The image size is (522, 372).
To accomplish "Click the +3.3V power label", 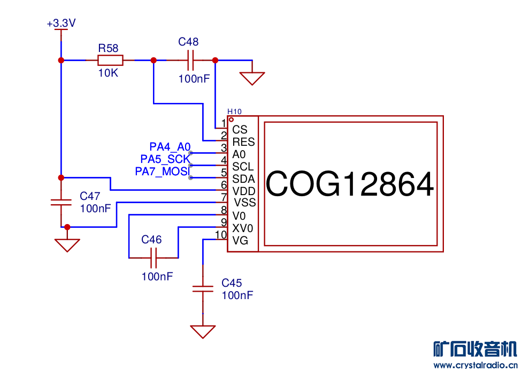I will point(62,24).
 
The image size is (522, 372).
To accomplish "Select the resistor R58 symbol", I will point(110,60).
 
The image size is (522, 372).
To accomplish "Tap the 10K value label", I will point(108,73).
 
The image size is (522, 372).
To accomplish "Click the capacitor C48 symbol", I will point(191,60).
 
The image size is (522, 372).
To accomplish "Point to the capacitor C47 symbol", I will point(61,202).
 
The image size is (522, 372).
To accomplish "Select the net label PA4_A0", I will point(170,146).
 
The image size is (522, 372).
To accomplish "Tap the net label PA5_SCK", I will point(165,159).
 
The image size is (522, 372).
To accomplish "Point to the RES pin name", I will point(243,142).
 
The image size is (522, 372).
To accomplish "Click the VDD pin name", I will point(244,191).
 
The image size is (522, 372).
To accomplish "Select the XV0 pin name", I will point(243,228).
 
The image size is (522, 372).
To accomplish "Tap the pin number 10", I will point(220,234).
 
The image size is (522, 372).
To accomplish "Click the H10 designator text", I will point(234,111).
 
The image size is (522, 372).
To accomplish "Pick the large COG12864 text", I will point(349,184).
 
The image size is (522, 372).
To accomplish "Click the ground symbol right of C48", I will point(252,78).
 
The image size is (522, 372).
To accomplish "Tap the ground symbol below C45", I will point(203,331).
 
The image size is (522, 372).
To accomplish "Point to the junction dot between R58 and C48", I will point(153,60).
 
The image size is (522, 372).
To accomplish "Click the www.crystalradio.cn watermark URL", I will point(475,366).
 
